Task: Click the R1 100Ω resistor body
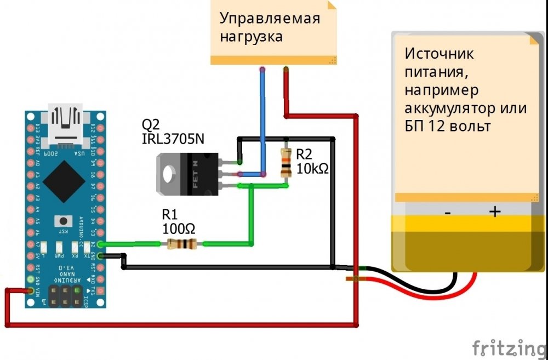(181, 244)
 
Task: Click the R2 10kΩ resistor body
(285, 162)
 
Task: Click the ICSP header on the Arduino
(65, 295)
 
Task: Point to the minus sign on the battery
(447, 213)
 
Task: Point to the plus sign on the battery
(494, 212)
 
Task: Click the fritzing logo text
(509, 347)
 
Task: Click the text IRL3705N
(173, 140)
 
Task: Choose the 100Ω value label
(179, 227)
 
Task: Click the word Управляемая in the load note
(269, 18)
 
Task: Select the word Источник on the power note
(439, 54)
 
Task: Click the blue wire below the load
(263, 121)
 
